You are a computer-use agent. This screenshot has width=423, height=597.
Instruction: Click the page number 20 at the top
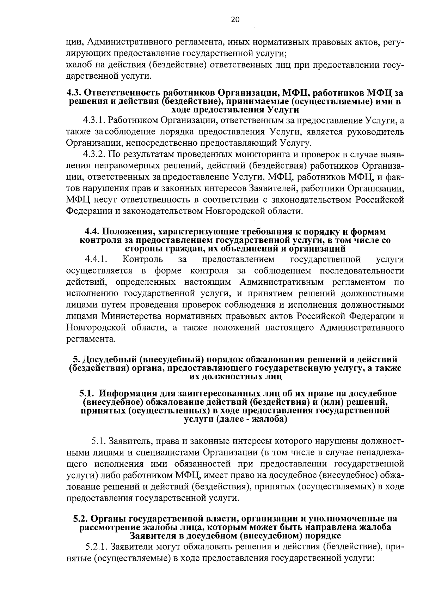tap(235, 19)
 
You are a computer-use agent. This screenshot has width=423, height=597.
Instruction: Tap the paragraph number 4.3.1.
tap(94, 120)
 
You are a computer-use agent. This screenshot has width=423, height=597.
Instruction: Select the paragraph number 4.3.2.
tap(94, 155)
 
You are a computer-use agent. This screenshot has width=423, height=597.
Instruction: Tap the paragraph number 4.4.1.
tap(96, 260)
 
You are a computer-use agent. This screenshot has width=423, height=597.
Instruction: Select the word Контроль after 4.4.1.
tap(143, 260)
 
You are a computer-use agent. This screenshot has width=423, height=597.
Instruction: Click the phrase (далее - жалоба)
tap(252, 420)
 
